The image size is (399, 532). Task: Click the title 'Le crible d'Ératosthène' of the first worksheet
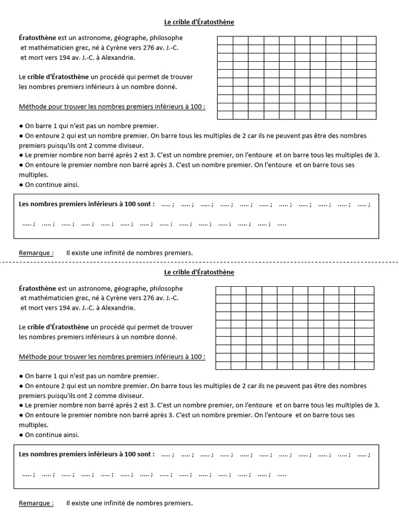pyautogui.click(x=199, y=22)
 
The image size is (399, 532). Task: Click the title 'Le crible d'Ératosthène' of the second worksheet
pyautogui.click(x=199, y=272)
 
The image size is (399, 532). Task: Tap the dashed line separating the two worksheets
pyautogui.click(x=199, y=263)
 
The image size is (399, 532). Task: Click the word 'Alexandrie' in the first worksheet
pyautogui.click(x=119, y=58)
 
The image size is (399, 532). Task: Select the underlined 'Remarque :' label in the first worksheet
pyautogui.click(x=36, y=253)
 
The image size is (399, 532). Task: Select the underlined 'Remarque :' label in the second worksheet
pyautogui.click(x=36, y=503)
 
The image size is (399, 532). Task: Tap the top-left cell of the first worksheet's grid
pyautogui.click(x=224, y=41)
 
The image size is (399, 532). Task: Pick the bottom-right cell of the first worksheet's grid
pyautogui.click(x=367, y=115)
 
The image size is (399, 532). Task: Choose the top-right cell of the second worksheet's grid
pyautogui.click(x=365, y=290)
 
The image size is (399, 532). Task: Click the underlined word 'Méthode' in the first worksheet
pyautogui.click(x=33, y=107)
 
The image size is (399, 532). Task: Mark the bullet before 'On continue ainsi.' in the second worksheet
pyautogui.click(x=21, y=435)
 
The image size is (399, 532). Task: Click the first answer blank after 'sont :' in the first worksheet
pyautogui.click(x=166, y=205)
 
